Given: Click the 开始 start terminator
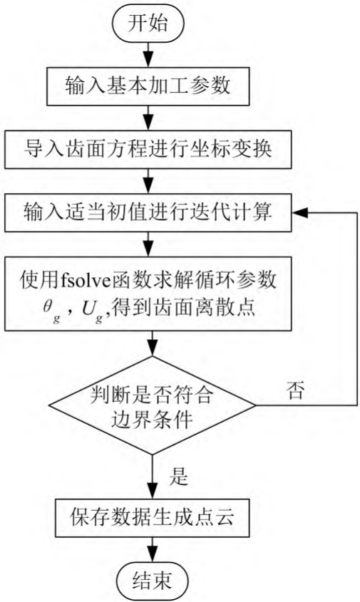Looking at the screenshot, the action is pos(148,23).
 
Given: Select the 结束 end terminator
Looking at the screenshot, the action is pos(152,581).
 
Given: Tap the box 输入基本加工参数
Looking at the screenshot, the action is pos(148,86).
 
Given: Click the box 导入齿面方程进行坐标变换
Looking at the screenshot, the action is pos(148,150).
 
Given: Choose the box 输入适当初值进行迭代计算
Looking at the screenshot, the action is pos(148,213).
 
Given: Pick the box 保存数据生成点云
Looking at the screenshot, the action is pos(152,518).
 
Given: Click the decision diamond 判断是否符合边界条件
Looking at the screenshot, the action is pos(152,405).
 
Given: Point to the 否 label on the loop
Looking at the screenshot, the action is pos(295,391).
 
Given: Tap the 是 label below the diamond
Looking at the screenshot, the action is pos(179,477).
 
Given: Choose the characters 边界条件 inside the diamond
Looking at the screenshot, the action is pos(152,420).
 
